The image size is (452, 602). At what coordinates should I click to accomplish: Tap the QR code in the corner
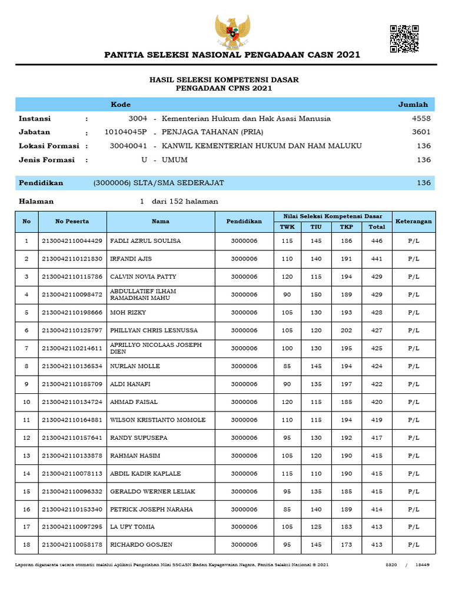(404, 39)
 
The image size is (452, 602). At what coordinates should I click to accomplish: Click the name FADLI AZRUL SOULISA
(145, 241)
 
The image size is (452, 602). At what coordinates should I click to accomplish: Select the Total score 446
(377, 241)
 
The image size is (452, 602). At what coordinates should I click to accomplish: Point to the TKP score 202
(346, 330)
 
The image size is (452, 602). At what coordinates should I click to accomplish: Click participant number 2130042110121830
(72, 259)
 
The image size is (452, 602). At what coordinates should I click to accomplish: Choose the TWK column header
(287, 227)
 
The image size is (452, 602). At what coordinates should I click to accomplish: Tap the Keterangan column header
(413, 222)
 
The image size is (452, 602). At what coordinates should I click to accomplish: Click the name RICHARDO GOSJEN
(141, 545)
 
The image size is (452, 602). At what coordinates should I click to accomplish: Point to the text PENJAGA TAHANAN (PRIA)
(212, 132)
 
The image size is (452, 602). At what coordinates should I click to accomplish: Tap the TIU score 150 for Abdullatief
(316, 295)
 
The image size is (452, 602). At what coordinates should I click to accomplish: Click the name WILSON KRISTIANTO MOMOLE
(158, 420)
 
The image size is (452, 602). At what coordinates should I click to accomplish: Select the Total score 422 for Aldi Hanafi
(377, 384)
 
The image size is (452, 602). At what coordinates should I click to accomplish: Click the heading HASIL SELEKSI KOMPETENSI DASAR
(224, 79)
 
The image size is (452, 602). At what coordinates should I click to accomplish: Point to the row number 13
(26, 456)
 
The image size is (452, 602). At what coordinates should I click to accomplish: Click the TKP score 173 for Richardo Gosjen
(346, 545)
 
